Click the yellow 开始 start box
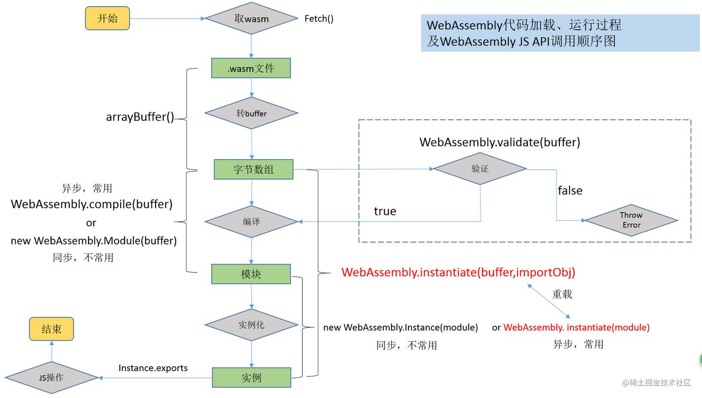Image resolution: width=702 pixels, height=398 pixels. [x=107, y=18]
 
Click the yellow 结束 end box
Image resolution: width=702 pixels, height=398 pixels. [x=52, y=329]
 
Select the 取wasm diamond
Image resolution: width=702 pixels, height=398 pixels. [x=251, y=18]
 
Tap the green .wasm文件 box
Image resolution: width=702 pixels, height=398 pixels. [x=251, y=68]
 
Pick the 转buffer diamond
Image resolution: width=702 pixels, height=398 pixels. [x=251, y=113]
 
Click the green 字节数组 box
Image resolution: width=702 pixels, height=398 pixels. [x=253, y=169]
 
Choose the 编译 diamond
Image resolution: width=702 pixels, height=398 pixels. [x=251, y=222]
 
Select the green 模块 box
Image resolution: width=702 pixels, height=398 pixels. [x=251, y=274]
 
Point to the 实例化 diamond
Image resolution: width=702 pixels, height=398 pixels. [x=251, y=325]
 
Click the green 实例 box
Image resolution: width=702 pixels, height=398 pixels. [x=252, y=378]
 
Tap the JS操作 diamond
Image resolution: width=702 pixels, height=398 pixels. [x=52, y=378]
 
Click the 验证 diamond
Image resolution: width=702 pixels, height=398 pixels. [x=480, y=169]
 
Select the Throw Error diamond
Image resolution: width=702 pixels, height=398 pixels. [x=632, y=220]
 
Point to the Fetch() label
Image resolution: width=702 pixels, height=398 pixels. [x=319, y=19]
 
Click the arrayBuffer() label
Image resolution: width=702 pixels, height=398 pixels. [x=140, y=117]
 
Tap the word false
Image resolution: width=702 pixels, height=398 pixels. [x=570, y=190]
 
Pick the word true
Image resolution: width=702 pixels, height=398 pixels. [x=385, y=211]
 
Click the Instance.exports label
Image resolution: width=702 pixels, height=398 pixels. [x=153, y=368]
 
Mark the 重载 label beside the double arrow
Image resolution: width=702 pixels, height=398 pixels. [x=562, y=294]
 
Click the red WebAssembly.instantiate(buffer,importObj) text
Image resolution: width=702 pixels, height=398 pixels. [x=459, y=272]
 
